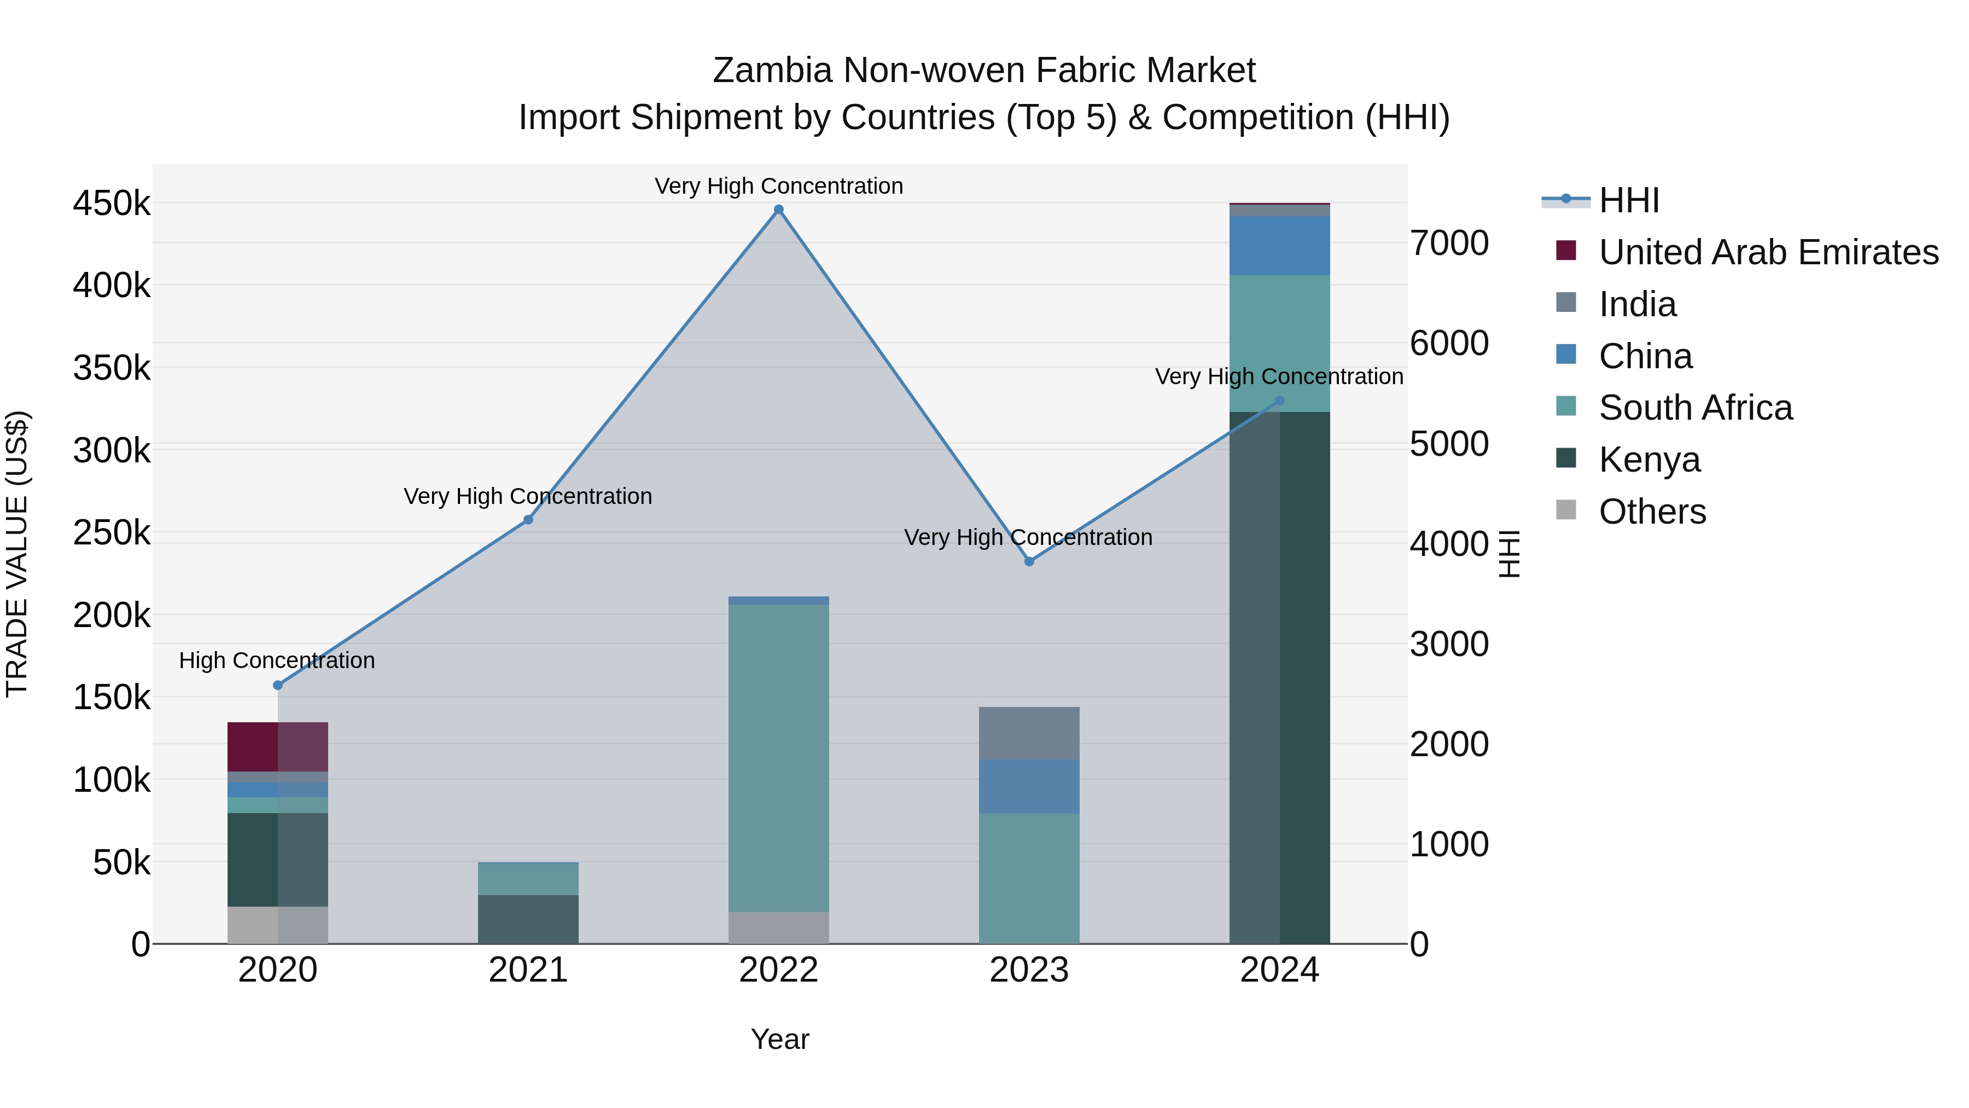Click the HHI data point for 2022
[x=778, y=210]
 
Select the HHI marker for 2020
[x=277, y=685]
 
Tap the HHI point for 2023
[x=1029, y=561]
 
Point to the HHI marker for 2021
[x=528, y=520]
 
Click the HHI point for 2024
[x=1279, y=401]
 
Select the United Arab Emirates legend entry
[x=1768, y=252]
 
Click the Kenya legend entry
[x=1650, y=460]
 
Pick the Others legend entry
[x=1652, y=512]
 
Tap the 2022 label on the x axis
[x=778, y=970]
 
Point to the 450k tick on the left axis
[x=112, y=204]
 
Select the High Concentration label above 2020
[x=277, y=660]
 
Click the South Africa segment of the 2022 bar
[x=778, y=757]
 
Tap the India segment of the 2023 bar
[x=1029, y=733]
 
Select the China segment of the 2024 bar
[x=1279, y=246]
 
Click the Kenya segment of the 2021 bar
[x=528, y=919]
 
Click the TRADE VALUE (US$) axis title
[x=18, y=554]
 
